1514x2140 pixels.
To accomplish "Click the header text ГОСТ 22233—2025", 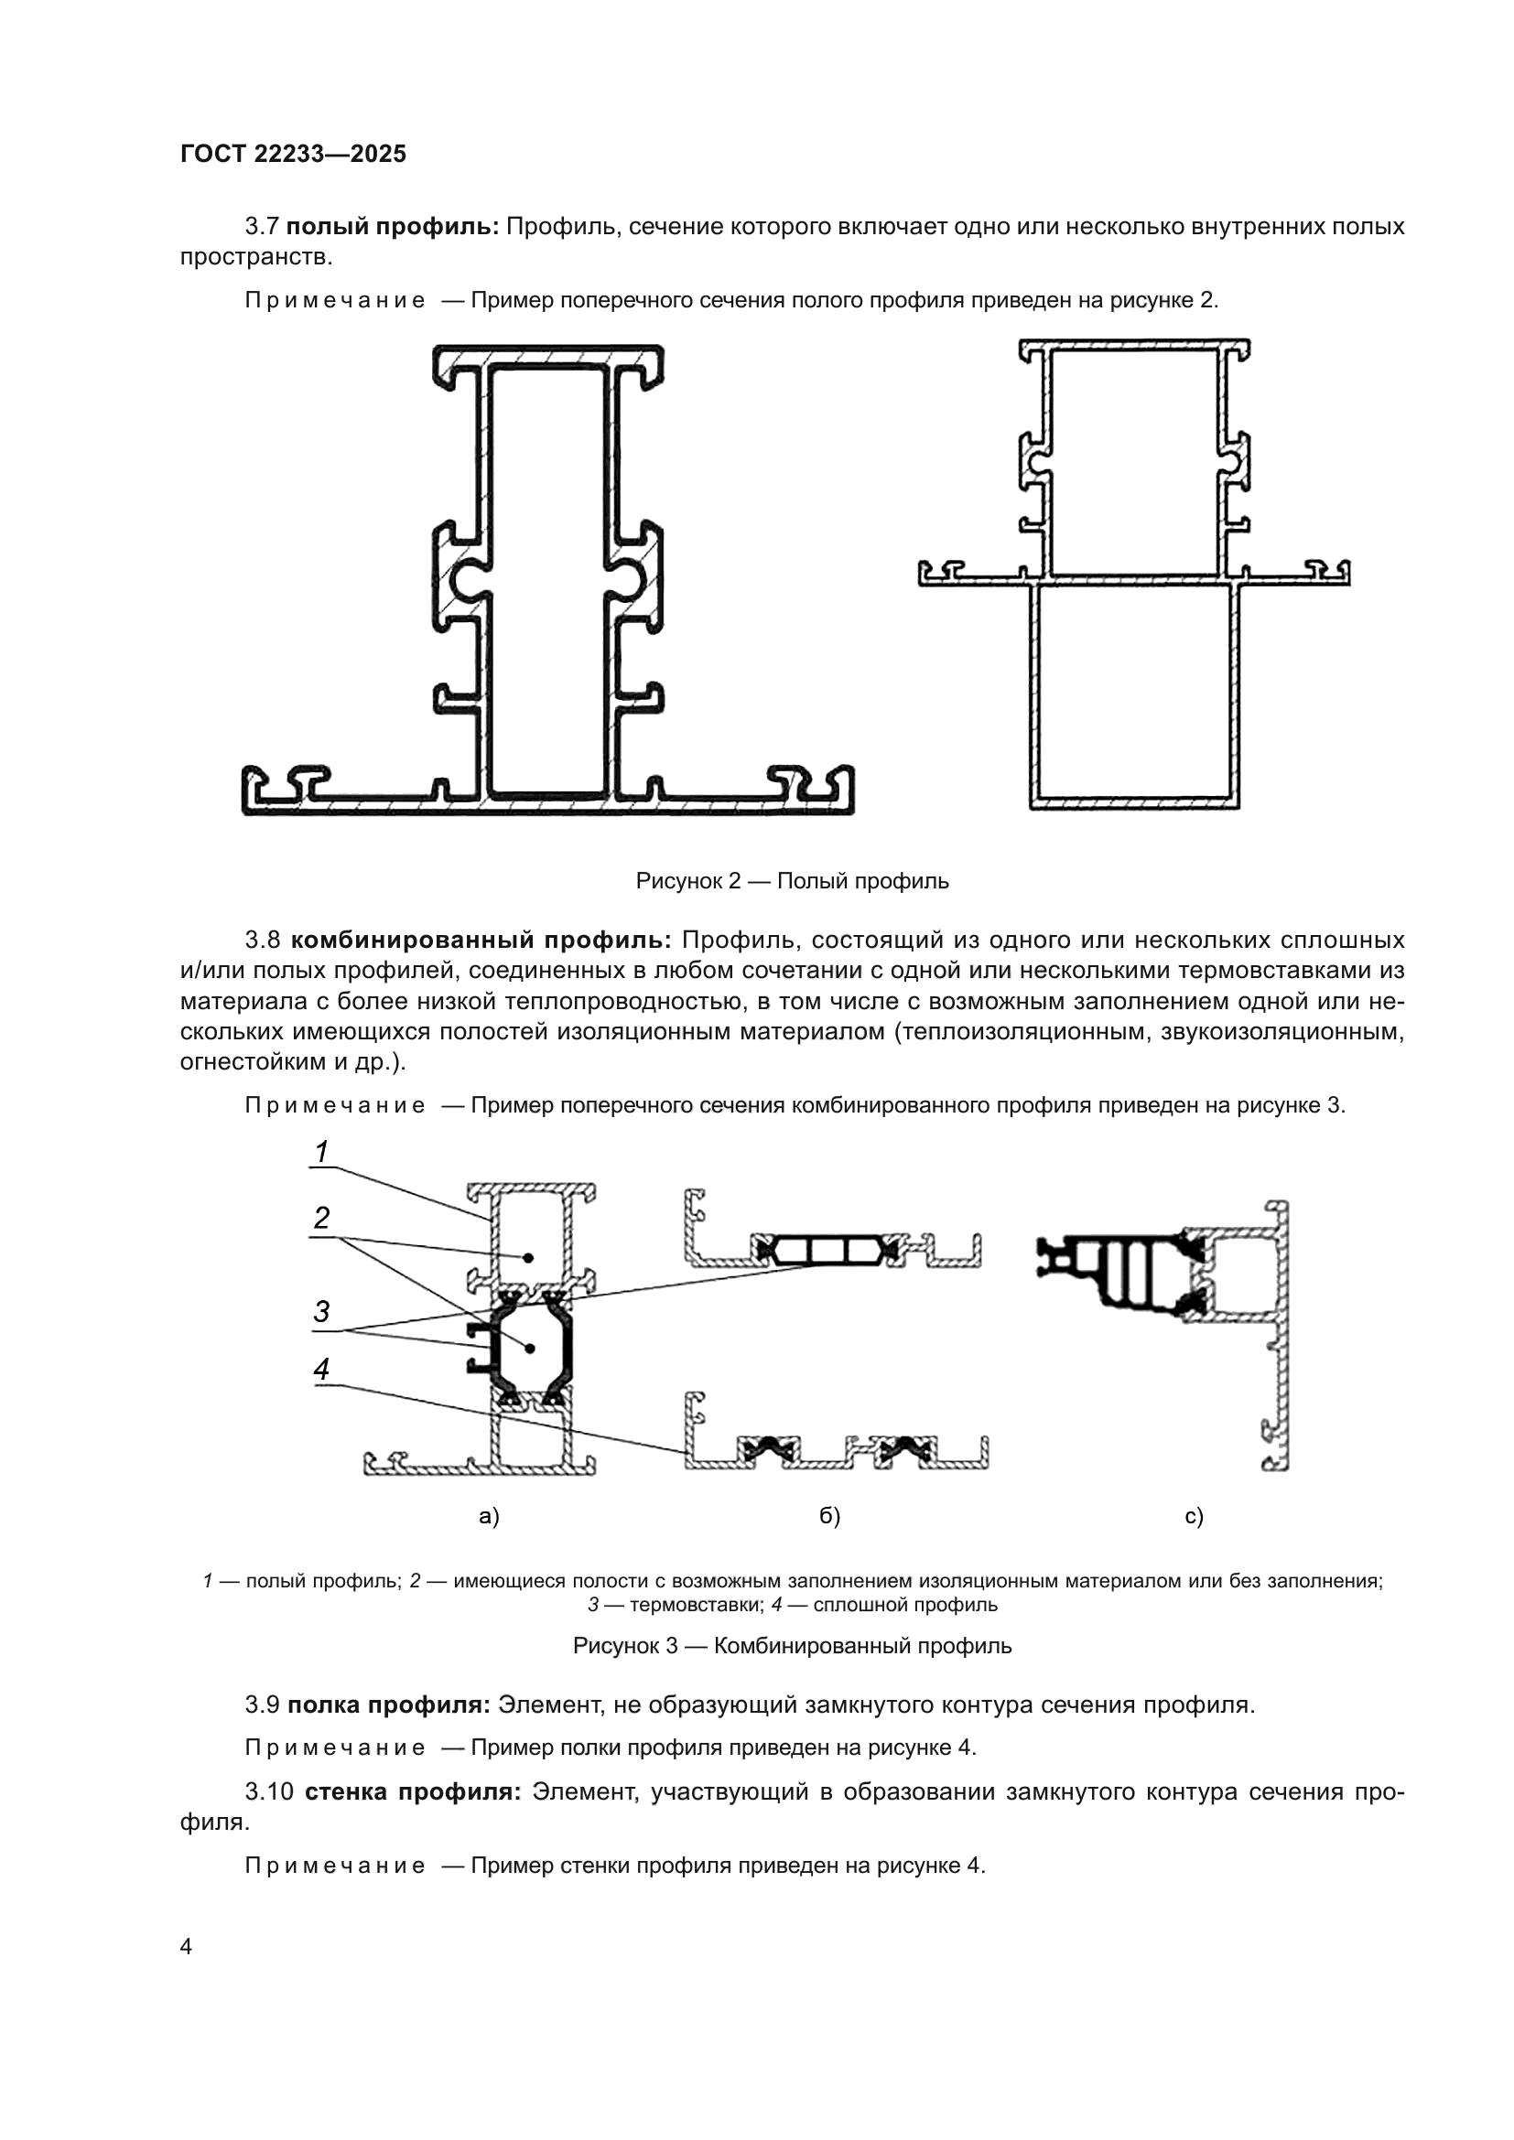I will pyautogui.click(x=293, y=154).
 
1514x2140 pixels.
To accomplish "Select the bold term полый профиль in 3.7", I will pyautogui.click(x=393, y=227).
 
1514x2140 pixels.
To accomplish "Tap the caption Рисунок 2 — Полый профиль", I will pyautogui.click(x=792, y=881).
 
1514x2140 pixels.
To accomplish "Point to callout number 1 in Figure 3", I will pyautogui.click(x=321, y=1152).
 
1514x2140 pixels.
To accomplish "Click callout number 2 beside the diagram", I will pyautogui.click(x=321, y=1218).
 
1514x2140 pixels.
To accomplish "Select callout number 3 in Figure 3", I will pyautogui.click(x=321, y=1312).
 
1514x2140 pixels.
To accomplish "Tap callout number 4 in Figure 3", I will pyautogui.click(x=321, y=1370).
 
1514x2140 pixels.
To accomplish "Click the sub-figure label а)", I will pyautogui.click(x=489, y=1516).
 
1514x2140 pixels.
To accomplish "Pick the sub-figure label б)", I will pyautogui.click(x=829, y=1516).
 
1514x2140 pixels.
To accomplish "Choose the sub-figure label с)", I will pyautogui.click(x=1195, y=1516).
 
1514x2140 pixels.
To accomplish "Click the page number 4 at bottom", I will pyautogui.click(x=186, y=1947).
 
